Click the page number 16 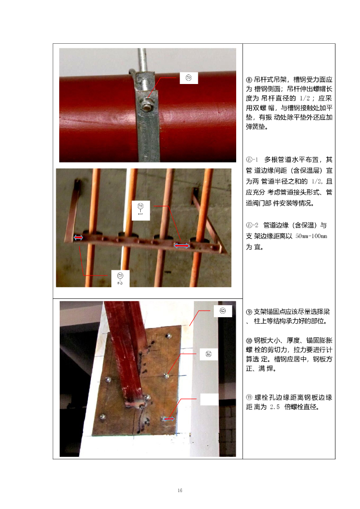pyautogui.click(x=180, y=490)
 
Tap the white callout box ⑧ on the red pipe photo pyautogui.click(x=188, y=78)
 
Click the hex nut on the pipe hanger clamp pyautogui.click(x=147, y=106)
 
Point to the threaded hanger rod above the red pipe pyautogui.click(x=142, y=60)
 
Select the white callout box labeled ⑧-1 pyautogui.click(x=141, y=210)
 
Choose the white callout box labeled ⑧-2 pyautogui.click(x=120, y=278)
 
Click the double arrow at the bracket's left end pyautogui.click(x=78, y=238)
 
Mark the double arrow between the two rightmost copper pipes pyautogui.click(x=181, y=246)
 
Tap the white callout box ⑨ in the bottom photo pyautogui.click(x=223, y=311)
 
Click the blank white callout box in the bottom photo pyautogui.click(x=209, y=399)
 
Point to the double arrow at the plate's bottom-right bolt pyautogui.click(x=169, y=419)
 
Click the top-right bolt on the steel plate pyautogui.click(x=168, y=336)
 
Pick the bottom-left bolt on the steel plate pyautogui.click(x=102, y=417)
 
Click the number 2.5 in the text pyautogui.click(x=274, y=407)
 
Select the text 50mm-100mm pyautogui.click(x=311, y=236)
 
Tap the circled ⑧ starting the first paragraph pyautogui.click(x=249, y=80)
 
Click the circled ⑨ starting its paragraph pyautogui.click(x=249, y=312)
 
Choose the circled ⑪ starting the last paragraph pyautogui.click(x=249, y=397)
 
